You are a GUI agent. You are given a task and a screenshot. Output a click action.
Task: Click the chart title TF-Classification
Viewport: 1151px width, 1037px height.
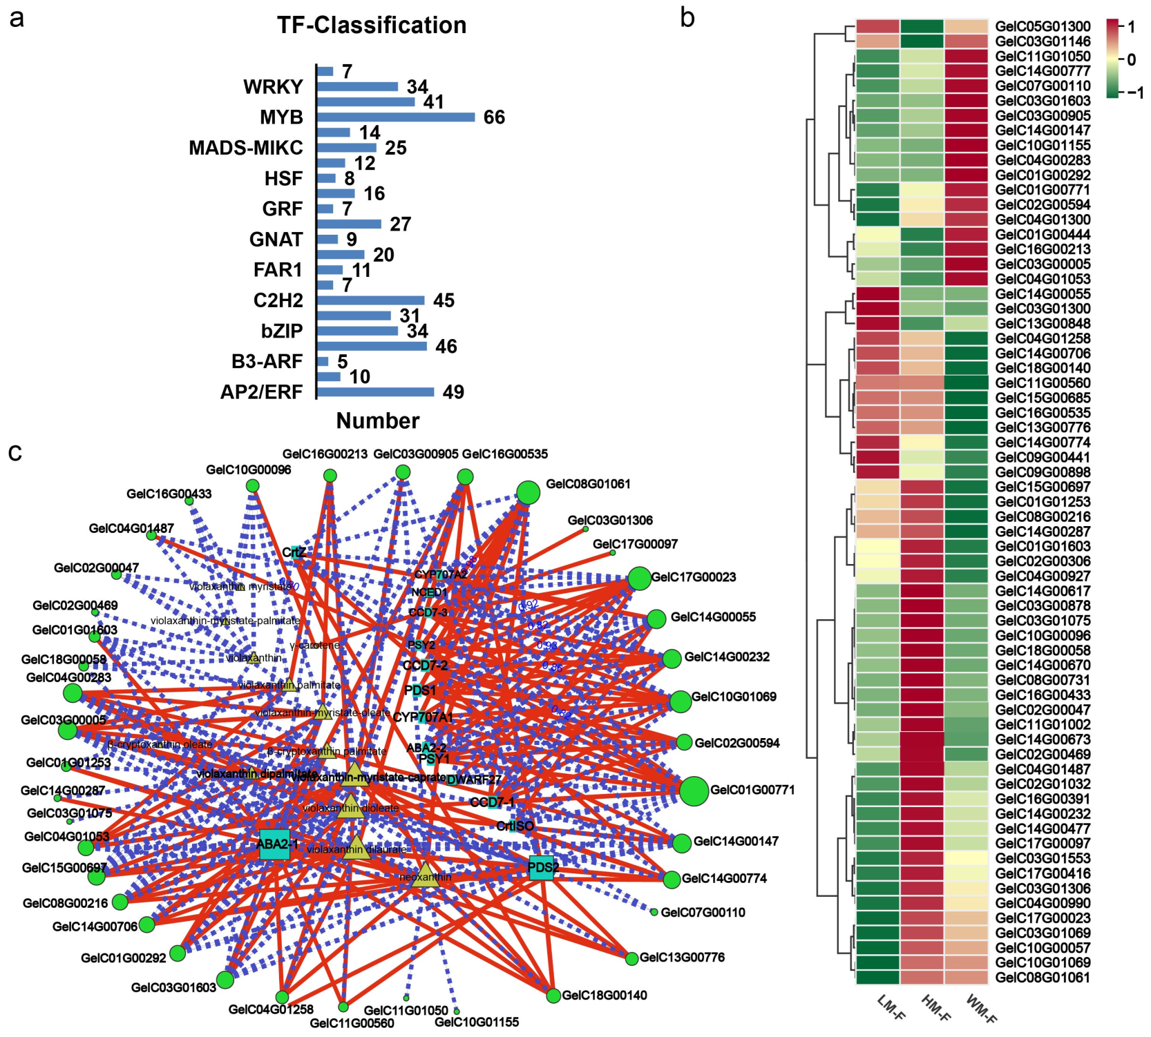372,26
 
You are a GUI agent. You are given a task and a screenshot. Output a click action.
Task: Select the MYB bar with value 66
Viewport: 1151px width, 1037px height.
396,117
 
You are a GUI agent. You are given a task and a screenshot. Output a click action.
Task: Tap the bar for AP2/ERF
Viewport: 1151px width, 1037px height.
375,392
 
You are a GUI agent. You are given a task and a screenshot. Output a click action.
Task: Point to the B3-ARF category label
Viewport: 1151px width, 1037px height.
267,362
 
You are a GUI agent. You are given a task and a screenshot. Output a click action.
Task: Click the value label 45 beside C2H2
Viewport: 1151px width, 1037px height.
444,301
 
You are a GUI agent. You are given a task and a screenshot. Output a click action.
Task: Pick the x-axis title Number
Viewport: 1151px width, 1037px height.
377,421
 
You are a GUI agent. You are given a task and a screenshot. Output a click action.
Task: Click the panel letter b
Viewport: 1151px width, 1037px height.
687,18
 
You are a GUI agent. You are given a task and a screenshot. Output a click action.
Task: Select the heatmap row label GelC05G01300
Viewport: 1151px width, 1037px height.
1043,27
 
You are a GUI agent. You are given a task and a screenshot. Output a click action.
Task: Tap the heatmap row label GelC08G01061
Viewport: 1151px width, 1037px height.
1043,978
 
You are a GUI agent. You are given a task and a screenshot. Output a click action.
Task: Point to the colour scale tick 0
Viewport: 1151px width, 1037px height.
1131,60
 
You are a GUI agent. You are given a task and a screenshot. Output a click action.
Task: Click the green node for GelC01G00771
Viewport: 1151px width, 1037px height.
694,791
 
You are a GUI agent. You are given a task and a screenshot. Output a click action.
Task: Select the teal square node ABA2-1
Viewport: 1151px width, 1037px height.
274,844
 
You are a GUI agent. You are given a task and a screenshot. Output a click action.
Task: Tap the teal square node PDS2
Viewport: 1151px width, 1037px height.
542,868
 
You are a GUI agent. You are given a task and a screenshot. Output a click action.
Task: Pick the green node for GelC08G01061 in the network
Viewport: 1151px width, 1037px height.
528,493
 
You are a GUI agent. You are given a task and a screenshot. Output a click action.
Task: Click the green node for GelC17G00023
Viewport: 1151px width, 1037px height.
640,579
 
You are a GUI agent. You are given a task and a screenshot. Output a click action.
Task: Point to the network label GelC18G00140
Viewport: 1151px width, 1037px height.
605,996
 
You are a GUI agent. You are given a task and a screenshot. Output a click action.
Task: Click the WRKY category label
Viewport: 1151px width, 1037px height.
273,87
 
